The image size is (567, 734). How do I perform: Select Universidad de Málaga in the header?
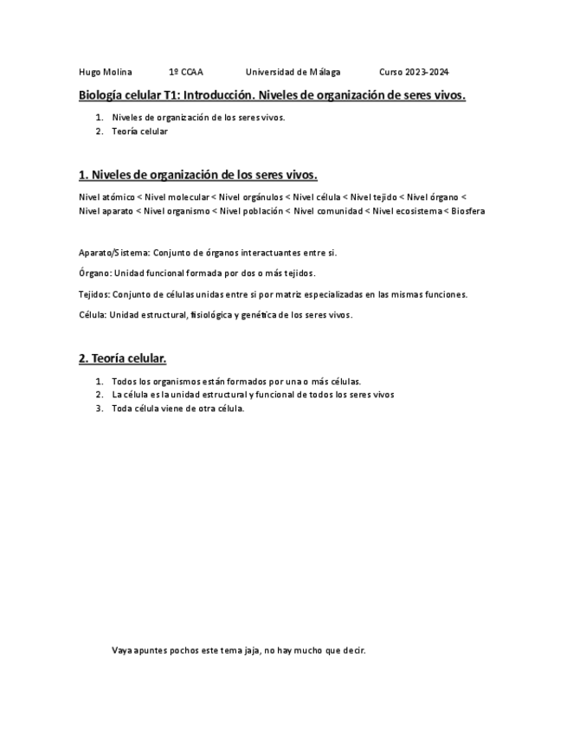[x=293, y=72]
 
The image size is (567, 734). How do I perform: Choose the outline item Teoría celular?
[x=139, y=132]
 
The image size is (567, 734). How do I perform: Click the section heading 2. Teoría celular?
[x=122, y=358]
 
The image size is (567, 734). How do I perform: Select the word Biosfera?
[x=467, y=210]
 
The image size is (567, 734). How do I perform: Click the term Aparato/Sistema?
[x=113, y=253]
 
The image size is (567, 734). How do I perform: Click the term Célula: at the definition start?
[x=92, y=315]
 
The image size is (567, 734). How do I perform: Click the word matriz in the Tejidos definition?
[x=292, y=294]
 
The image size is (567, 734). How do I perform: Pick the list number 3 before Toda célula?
[x=100, y=409]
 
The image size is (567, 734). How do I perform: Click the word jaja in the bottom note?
[x=247, y=651]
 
